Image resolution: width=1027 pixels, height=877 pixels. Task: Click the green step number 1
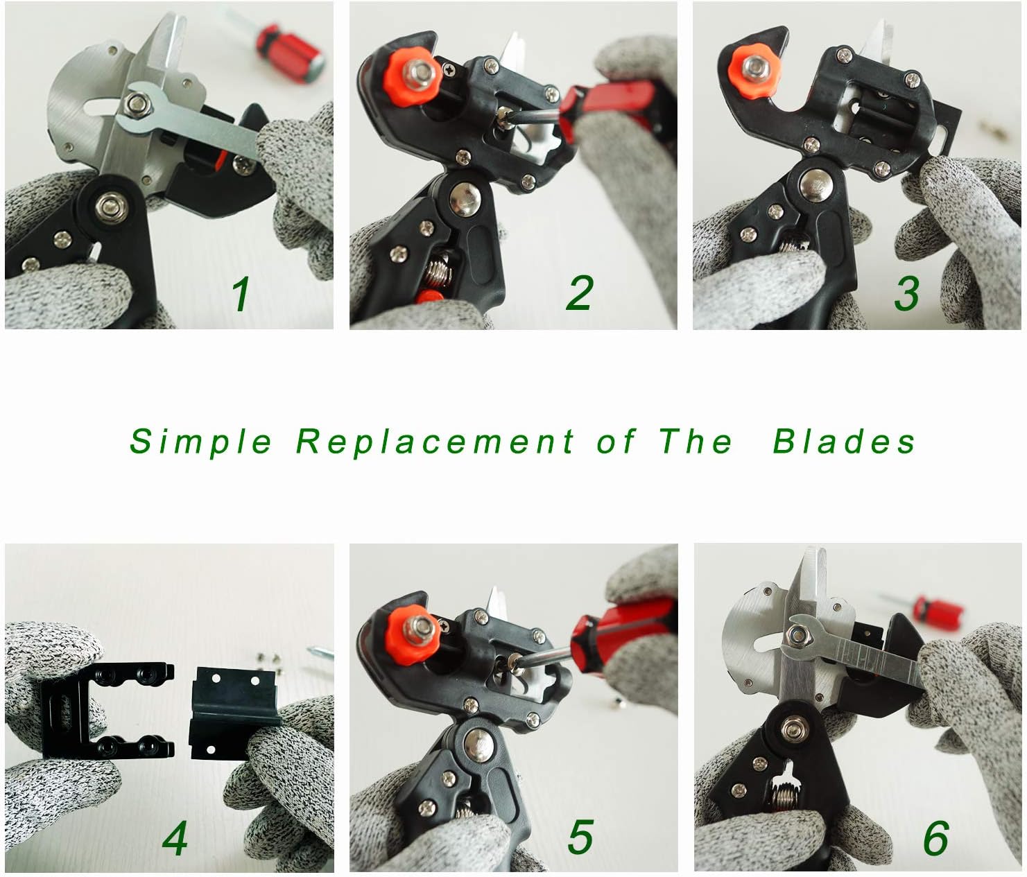tap(241, 294)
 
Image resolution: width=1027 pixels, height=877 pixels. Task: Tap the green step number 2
tap(580, 293)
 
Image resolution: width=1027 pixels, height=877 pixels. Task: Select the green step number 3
tap(906, 293)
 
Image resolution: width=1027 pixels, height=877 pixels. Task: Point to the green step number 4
tap(175, 838)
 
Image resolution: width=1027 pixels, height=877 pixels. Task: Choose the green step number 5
tap(580, 837)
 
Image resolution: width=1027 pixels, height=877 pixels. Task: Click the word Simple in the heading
tap(201, 442)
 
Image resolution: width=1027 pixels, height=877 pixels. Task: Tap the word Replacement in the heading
tap(435, 442)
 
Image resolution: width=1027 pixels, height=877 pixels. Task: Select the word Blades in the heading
tap(844, 442)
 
